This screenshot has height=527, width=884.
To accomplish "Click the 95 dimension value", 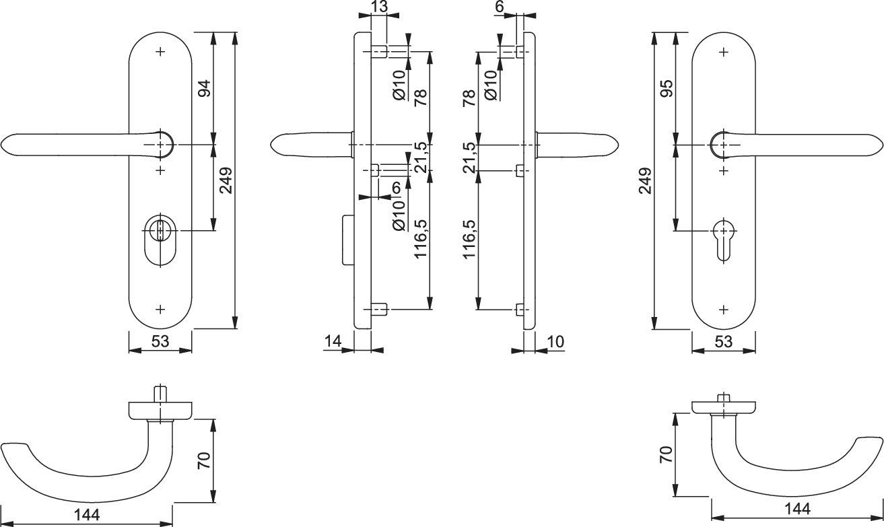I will pos(667,89).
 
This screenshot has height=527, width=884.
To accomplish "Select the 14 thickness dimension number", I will pos(333,341).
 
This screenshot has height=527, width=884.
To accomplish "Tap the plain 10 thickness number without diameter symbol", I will pos(556,341).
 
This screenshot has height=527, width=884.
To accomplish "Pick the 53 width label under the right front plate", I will pos(723,341).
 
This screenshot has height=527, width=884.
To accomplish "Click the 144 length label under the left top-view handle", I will pos(87,516).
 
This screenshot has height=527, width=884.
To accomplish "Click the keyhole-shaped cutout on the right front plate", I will pos(724,236).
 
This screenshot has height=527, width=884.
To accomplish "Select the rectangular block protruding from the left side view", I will pos(347,240).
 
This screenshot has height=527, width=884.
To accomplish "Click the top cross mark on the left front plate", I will pos(160,51).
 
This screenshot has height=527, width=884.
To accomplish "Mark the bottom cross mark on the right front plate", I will pos(724,310).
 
